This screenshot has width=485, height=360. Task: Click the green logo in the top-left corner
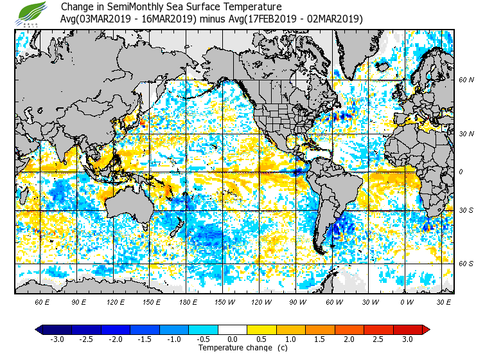[x=33, y=12]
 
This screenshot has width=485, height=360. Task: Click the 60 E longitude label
[x=42, y=301]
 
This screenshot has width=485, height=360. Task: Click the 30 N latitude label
[x=466, y=133]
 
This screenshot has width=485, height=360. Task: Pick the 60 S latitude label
[x=466, y=264]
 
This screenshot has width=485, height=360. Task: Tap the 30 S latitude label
[x=466, y=211]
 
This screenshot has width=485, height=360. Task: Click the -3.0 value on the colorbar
[x=57, y=339]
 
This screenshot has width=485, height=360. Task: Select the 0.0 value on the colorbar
[x=233, y=339]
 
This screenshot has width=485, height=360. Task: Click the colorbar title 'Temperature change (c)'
[x=233, y=348]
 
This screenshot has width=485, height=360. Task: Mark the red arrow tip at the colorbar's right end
[x=426, y=330]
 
